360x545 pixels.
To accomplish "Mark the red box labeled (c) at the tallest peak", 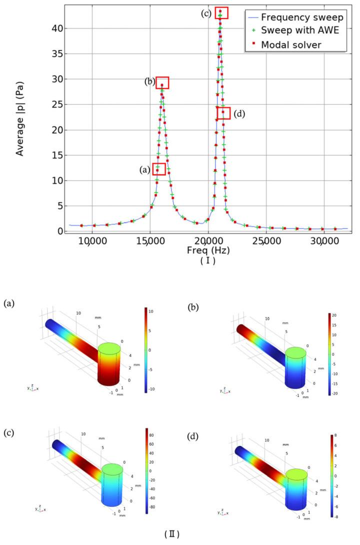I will coord(221,13).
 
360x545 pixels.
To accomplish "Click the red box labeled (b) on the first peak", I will coord(162,83).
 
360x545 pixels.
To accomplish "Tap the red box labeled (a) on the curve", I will coord(158,169).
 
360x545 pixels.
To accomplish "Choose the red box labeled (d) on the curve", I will coord(223,113).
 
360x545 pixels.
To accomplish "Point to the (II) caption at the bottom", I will coord(172,534).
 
